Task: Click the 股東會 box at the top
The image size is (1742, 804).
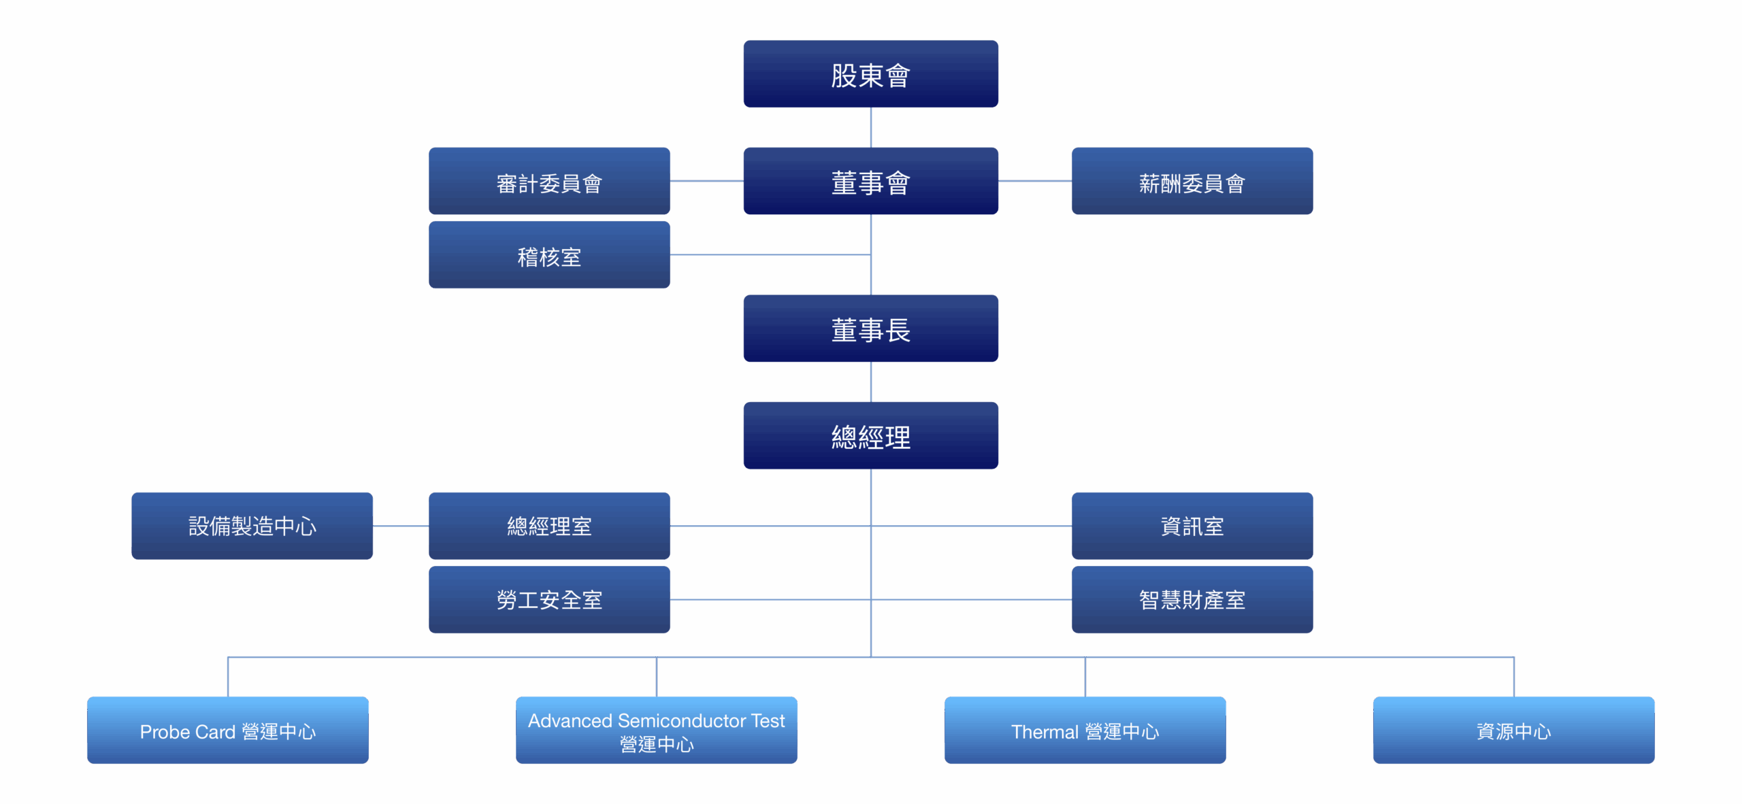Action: click(870, 74)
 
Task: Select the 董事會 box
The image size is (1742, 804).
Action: click(870, 182)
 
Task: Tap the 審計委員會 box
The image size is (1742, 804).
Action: click(549, 182)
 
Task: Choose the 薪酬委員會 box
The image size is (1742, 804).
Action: click(1192, 182)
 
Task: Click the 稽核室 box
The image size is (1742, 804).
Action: click(549, 255)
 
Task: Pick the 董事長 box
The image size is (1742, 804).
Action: click(870, 329)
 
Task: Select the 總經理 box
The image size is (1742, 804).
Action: click(870, 436)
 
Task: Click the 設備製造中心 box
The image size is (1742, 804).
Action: click(252, 526)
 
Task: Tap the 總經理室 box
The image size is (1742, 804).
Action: click(549, 526)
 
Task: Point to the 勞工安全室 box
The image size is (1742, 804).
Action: click(549, 599)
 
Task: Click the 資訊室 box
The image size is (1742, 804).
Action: click(1192, 526)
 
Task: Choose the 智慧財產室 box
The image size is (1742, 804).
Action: click(1192, 599)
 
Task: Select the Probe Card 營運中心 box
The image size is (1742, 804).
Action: click(227, 731)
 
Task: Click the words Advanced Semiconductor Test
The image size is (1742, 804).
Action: click(656, 720)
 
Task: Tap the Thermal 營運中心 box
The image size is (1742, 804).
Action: click(1085, 731)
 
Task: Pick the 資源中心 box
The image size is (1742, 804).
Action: click(1513, 731)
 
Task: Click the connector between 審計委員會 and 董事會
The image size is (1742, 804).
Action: click(706, 181)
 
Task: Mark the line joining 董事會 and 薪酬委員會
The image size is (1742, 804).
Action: click(1034, 181)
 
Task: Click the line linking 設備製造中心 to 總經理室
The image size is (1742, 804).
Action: click(401, 526)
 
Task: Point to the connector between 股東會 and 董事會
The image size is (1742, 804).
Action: click(870, 127)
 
